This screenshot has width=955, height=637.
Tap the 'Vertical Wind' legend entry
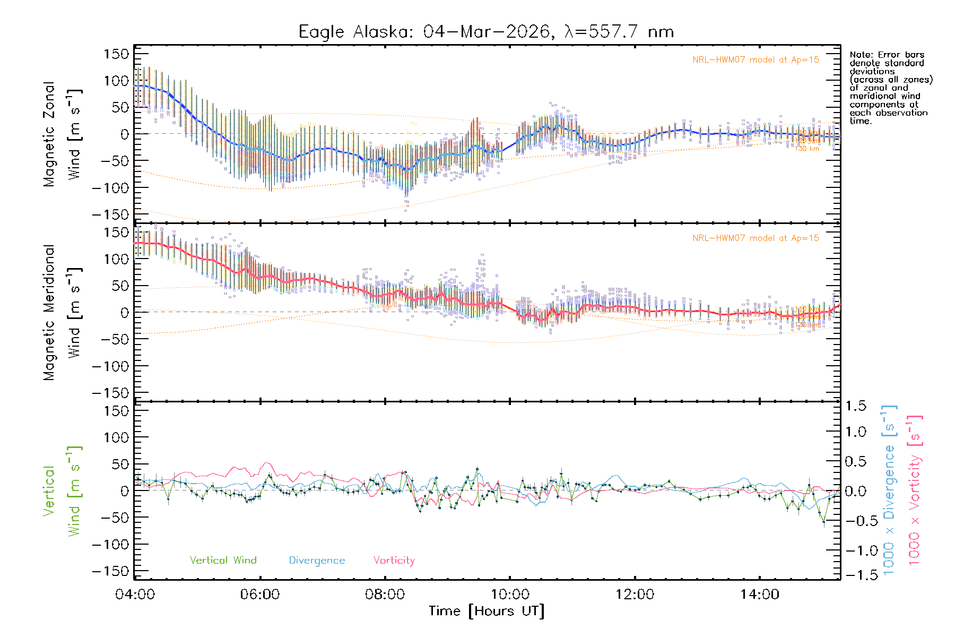pyautogui.click(x=223, y=561)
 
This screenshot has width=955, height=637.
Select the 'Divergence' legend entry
pyautogui.click(x=317, y=561)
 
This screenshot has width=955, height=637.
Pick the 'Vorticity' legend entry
pyautogui.click(x=394, y=561)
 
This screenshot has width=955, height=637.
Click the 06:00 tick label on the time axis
pyautogui.click(x=260, y=595)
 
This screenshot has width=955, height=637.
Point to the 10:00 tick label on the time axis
pyautogui.click(x=510, y=595)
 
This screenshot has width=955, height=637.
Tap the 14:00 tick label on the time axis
pyautogui.click(x=760, y=595)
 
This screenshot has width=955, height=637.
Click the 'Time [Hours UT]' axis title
pyautogui.click(x=487, y=612)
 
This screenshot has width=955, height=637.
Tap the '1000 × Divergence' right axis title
pyautogui.click(x=889, y=490)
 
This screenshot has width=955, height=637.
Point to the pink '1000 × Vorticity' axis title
pyautogui.click(x=915, y=490)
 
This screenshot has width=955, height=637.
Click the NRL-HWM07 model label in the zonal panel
pyautogui.click(x=756, y=60)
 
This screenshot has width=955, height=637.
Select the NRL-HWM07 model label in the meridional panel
pyautogui.click(x=756, y=238)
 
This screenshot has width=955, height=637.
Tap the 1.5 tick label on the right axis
pyautogui.click(x=856, y=407)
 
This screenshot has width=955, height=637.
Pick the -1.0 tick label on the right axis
pyautogui.click(x=856, y=550)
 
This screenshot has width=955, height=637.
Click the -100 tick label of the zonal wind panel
pyautogui.click(x=110, y=188)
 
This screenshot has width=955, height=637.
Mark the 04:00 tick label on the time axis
pyautogui.click(x=135, y=595)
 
